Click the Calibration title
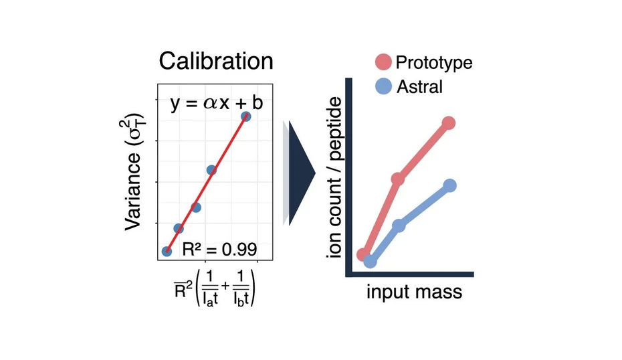tap(216, 62)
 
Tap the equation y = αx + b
tap(215, 105)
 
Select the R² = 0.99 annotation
tap(219, 250)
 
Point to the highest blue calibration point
tap(246, 116)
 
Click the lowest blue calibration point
tap(167, 251)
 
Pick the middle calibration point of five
tap(196, 207)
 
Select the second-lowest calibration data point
tap(179, 228)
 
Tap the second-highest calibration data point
tap(211, 170)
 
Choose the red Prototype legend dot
tap(383, 63)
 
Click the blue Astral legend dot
tap(383, 86)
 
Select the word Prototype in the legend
tap(433, 63)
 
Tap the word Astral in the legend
tap(419, 86)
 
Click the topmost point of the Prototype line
tap(449, 123)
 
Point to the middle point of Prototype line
tap(398, 179)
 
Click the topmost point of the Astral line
tap(450, 185)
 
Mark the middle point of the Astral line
tap(399, 226)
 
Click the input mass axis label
tap(414, 293)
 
